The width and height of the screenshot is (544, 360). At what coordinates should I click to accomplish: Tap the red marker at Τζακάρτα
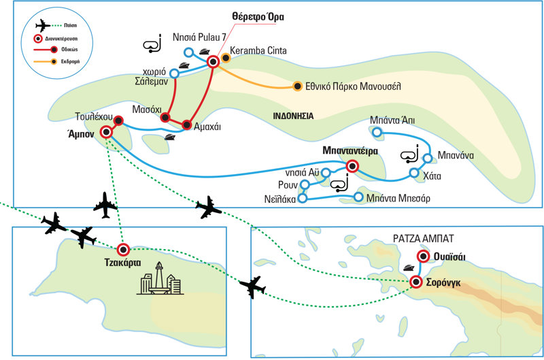point(123,249)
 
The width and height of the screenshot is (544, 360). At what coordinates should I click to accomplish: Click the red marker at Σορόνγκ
point(417,282)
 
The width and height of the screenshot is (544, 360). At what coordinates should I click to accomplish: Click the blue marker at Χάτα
point(413,174)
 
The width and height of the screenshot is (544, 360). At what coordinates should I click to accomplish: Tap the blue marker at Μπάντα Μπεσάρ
point(358,197)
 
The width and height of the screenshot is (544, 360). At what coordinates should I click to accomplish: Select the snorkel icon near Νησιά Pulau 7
point(153,46)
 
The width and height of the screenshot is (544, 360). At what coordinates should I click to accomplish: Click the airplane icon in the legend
point(41,25)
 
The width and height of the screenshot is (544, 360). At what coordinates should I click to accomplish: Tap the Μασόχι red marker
point(165,118)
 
